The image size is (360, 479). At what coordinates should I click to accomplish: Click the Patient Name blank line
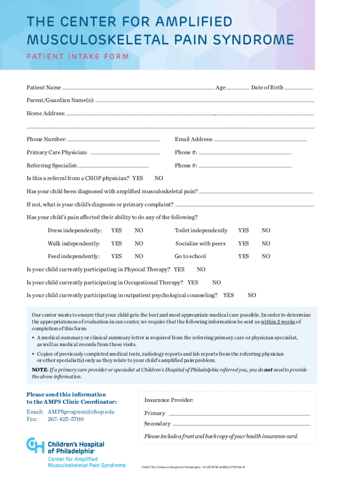pyautogui.click(x=138, y=87)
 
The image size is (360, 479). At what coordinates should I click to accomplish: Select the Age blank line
pyautogui.click(x=238, y=87)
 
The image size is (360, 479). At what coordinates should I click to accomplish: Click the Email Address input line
pyautogui.click(x=260, y=139)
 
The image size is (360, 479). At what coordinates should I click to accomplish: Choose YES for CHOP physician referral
pyautogui.click(x=138, y=178)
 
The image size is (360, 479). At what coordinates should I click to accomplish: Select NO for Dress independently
pyautogui.click(x=139, y=230)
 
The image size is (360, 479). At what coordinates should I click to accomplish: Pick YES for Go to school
pyautogui.click(x=243, y=256)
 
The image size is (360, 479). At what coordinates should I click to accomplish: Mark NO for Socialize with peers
pyautogui.click(x=266, y=243)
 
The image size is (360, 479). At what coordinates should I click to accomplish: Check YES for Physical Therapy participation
pyautogui.click(x=179, y=269)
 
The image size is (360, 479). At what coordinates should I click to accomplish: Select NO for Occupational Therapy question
pyautogui.click(x=216, y=283)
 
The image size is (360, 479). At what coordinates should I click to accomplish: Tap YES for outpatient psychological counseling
pyautogui.click(x=229, y=295)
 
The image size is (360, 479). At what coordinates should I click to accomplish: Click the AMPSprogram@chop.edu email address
pyautogui.click(x=81, y=412)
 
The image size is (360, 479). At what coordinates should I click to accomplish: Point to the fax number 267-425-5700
pyautogui.click(x=65, y=419)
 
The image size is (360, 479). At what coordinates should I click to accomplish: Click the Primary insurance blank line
pyautogui.click(x=239, y=414)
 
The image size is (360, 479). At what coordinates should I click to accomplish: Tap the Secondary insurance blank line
pyautogui.click(x=241, y=424)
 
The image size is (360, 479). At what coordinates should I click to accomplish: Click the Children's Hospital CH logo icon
pyautogui.click(x=35, y=445)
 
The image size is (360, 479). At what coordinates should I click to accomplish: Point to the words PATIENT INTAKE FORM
pyautogui.click(x=78, y=57)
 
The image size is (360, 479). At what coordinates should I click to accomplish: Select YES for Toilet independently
pyautogui.click(x=243, y=230)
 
